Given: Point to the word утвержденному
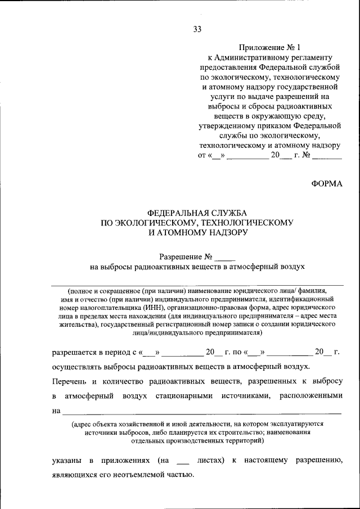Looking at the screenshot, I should [230, 125].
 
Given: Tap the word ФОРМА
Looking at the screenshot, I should [327, 184].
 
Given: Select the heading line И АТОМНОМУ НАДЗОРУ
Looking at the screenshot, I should [197, 232].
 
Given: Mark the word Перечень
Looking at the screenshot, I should [69, 382].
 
